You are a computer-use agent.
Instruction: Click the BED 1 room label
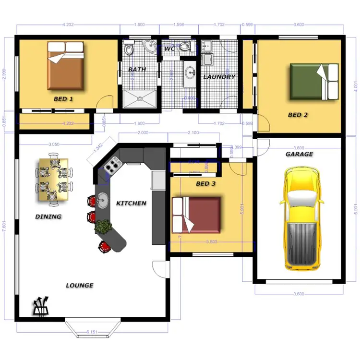63,99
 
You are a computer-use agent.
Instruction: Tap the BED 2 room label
298,115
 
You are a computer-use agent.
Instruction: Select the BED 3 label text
205,183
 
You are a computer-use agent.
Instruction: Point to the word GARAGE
299,154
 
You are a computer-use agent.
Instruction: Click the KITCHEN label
131,203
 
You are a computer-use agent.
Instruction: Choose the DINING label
48,216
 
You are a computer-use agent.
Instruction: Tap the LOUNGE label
80,285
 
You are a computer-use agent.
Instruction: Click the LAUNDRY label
219,77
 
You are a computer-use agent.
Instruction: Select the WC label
169,49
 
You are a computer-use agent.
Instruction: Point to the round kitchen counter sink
102,198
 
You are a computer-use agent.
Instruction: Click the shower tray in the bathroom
140,99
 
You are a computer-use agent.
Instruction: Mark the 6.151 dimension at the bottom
93,332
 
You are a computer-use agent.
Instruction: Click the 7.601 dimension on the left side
4,231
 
